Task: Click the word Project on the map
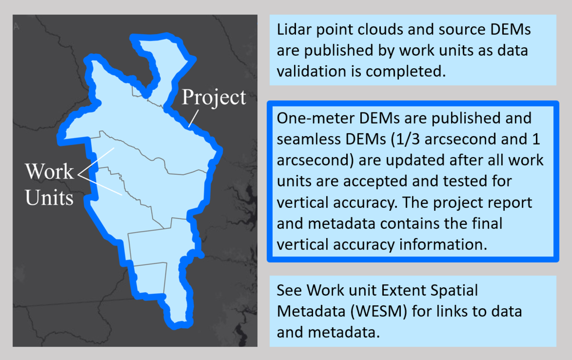214,98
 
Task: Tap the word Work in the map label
49,171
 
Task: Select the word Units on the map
49,197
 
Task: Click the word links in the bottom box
452,311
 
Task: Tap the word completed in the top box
405,72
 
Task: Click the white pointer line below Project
193,118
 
